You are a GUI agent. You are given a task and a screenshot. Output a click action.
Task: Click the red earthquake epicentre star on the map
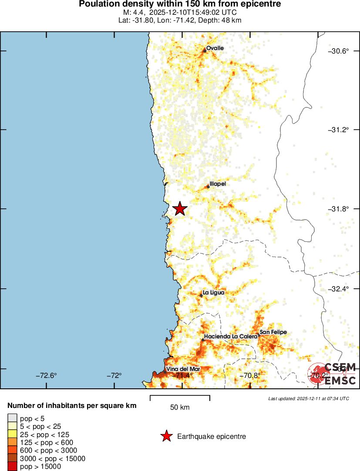coord(179,209)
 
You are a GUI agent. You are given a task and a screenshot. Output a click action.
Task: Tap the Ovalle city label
coord(215,48)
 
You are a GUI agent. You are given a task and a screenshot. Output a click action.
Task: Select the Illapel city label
coord(218,184)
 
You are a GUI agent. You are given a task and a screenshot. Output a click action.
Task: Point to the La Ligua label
coord(214,293)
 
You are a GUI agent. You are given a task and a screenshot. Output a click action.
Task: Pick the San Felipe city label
coord(273,332)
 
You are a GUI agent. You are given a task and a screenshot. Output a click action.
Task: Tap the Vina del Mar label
coord(183,369)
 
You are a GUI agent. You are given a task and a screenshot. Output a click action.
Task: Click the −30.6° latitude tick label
coord(338,51)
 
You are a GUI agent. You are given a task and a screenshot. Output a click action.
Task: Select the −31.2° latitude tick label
coord(338,130)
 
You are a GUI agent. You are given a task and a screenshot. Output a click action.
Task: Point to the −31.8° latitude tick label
coord(338,209)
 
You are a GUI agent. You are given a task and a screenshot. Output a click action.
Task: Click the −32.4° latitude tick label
coord(338,288)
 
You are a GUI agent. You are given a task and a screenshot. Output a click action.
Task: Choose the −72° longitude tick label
coord(115,375)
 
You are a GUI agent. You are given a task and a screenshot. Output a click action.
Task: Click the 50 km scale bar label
coord(180,408)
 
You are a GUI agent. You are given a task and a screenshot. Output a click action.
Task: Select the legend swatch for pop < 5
coord(13,418)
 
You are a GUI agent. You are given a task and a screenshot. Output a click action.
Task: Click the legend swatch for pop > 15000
coord(13,467)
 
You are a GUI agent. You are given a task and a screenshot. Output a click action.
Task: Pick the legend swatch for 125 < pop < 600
coord(13,442)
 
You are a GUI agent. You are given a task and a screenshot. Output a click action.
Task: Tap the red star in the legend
coord(166,436)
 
